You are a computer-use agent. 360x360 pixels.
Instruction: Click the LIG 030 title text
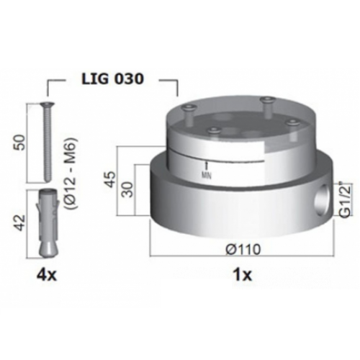click(113, 78)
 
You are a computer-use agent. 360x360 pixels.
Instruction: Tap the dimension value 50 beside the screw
click(21, 143)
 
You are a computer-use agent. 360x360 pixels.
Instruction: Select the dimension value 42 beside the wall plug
click(20, 222)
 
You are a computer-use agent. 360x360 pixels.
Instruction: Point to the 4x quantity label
click(47, 275)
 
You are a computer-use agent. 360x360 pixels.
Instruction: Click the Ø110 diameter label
click(243, 249)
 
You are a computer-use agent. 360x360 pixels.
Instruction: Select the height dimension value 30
click(129, 189)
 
